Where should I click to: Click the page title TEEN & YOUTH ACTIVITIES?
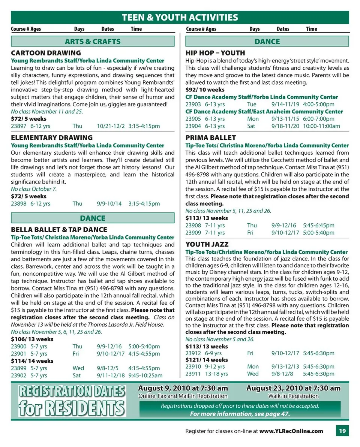[x=180, y=17]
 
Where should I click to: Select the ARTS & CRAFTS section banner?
[x=93, y=41]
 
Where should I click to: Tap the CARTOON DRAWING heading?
[x=46, y=53]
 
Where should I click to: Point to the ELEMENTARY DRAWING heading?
[x=52, y=138]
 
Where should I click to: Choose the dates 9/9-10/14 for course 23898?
[x=109, y=203]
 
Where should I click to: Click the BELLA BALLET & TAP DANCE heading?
[x=59, y=229]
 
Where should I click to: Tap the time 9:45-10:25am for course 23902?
[x=145, y=375]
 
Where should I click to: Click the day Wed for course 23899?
[x=78, y=368]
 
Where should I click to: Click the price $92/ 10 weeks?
[x=205, y=90]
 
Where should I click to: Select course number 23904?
[x=193, y=126]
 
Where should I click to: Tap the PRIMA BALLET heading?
[x=210, y=138]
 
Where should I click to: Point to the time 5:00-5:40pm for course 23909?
[x=318, y=232]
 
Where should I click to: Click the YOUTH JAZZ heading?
[x=207, y=244]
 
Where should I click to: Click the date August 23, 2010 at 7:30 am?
[x=293, y=388]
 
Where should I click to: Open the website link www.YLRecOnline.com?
[x=291, y=431]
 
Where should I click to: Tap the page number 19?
[x=342, y=431]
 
